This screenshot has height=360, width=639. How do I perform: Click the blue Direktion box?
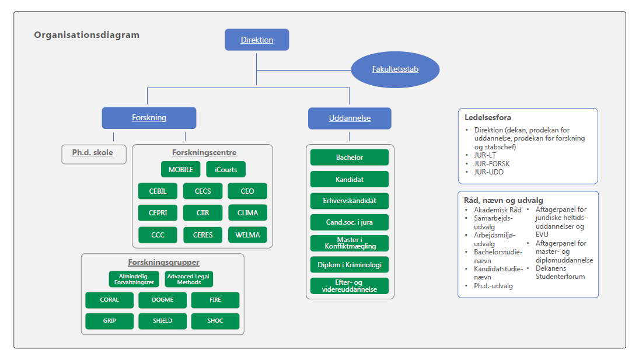click(x=257, y=40)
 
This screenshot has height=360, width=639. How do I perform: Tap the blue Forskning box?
click(x=149, y=117)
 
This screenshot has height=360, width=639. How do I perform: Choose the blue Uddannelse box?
click(x=350, y=118)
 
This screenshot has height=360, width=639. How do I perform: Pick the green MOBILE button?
click(x=180, y=169)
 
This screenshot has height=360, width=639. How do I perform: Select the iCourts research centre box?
click(x=226, y=169)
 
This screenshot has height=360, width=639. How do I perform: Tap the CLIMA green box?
click(x=247, y=213)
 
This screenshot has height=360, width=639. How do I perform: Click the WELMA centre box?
click(x=247, y=235)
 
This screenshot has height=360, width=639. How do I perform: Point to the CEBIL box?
click(x=158, y=191)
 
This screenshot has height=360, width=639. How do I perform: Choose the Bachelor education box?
click(x=350, y=158)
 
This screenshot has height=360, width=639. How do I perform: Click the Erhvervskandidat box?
click(x=350, y=200)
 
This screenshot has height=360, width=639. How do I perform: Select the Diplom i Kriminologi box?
click(x=350, y=265)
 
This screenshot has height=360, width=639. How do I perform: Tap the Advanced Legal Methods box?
click(x=188, y=279)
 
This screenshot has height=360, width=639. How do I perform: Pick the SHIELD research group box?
click(x=162, y=321)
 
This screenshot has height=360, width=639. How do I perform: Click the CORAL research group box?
click(x=109, y=300)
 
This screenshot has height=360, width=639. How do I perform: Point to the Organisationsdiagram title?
click(x=86, y=35)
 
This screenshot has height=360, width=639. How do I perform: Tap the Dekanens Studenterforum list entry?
click(x=560, y=272)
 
